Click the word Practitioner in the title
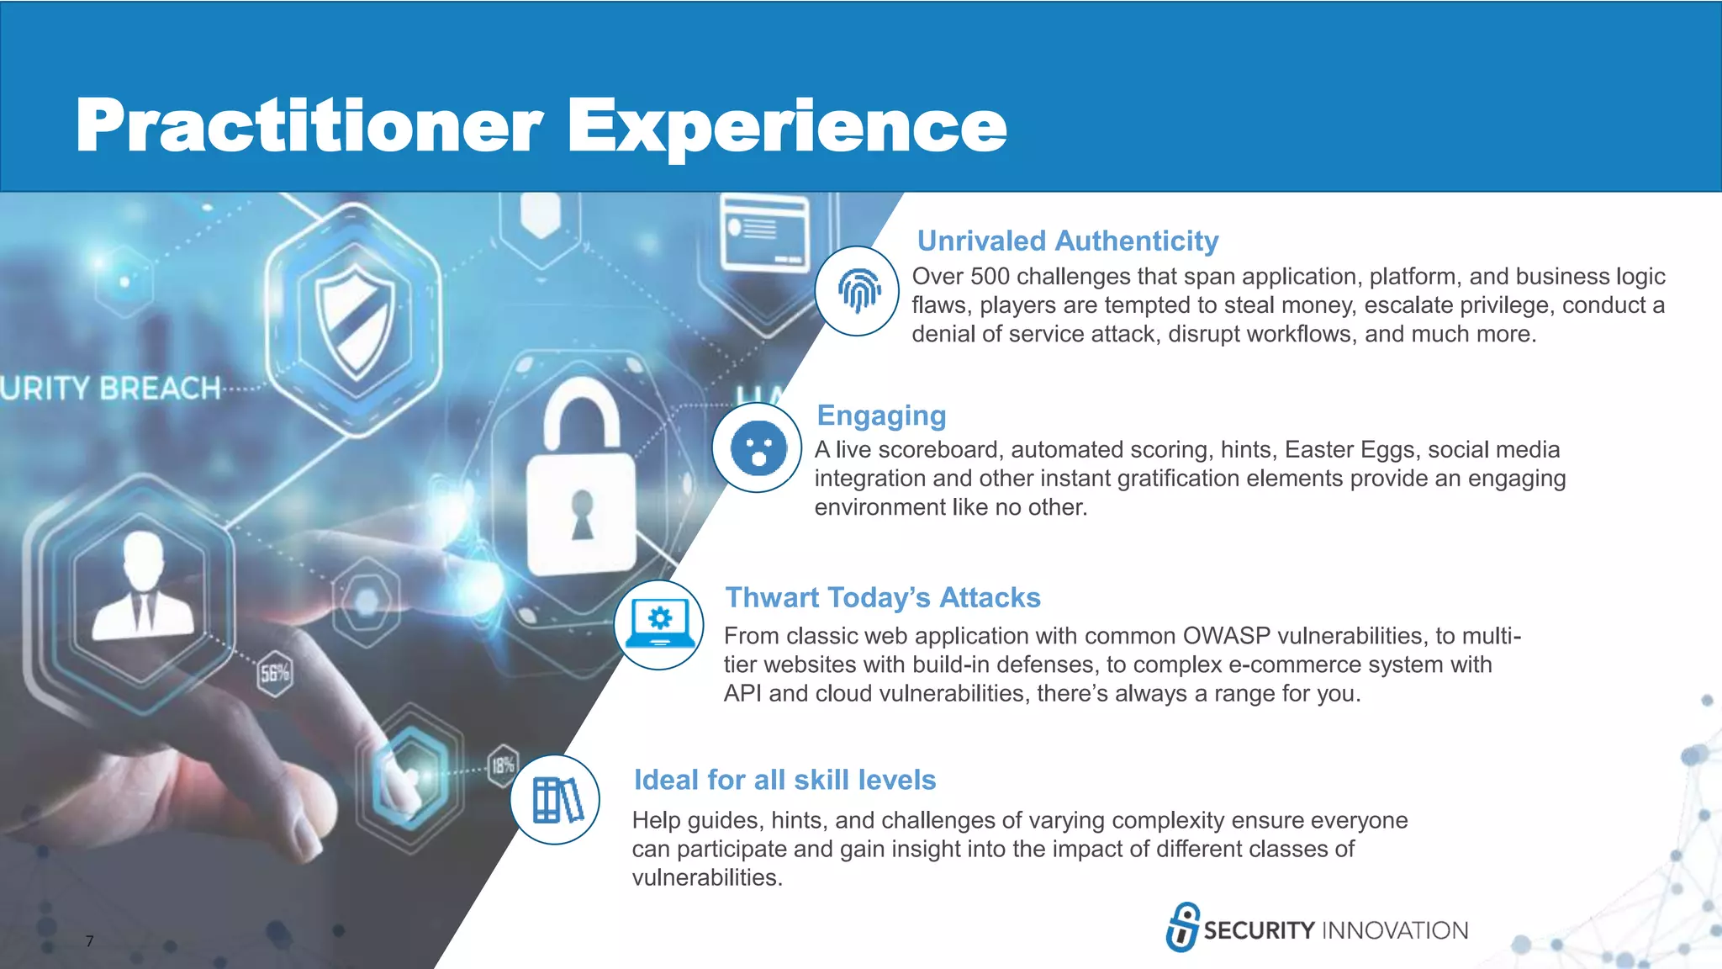pyautogui.click(x=309, y=126)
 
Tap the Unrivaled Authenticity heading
pyautogui.click(x=1067, y=241)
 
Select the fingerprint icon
pyautogui.click(x=858, y=291)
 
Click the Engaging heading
pyautogui.click(x=881, y=416)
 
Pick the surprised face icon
pyautogui.click(x=758, y=448)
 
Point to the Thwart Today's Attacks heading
pyautogui.click(x=883, y=598)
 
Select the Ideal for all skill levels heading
pyautogui.click(x=784, y=781)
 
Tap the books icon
pyautogui.click(x=556, y=800)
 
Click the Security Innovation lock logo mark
pyautogui.click(x=1182, y=927)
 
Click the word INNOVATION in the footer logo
pyautogui.click(x=1395, y=930)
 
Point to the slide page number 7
pyautogui.click(x=89, y=941)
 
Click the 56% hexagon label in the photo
pyautogui.click(x=275, y=673)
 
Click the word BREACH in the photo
pyautogui.click(x=160, y=389)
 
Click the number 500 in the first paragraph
pyautogui.click(x=990, y=277)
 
